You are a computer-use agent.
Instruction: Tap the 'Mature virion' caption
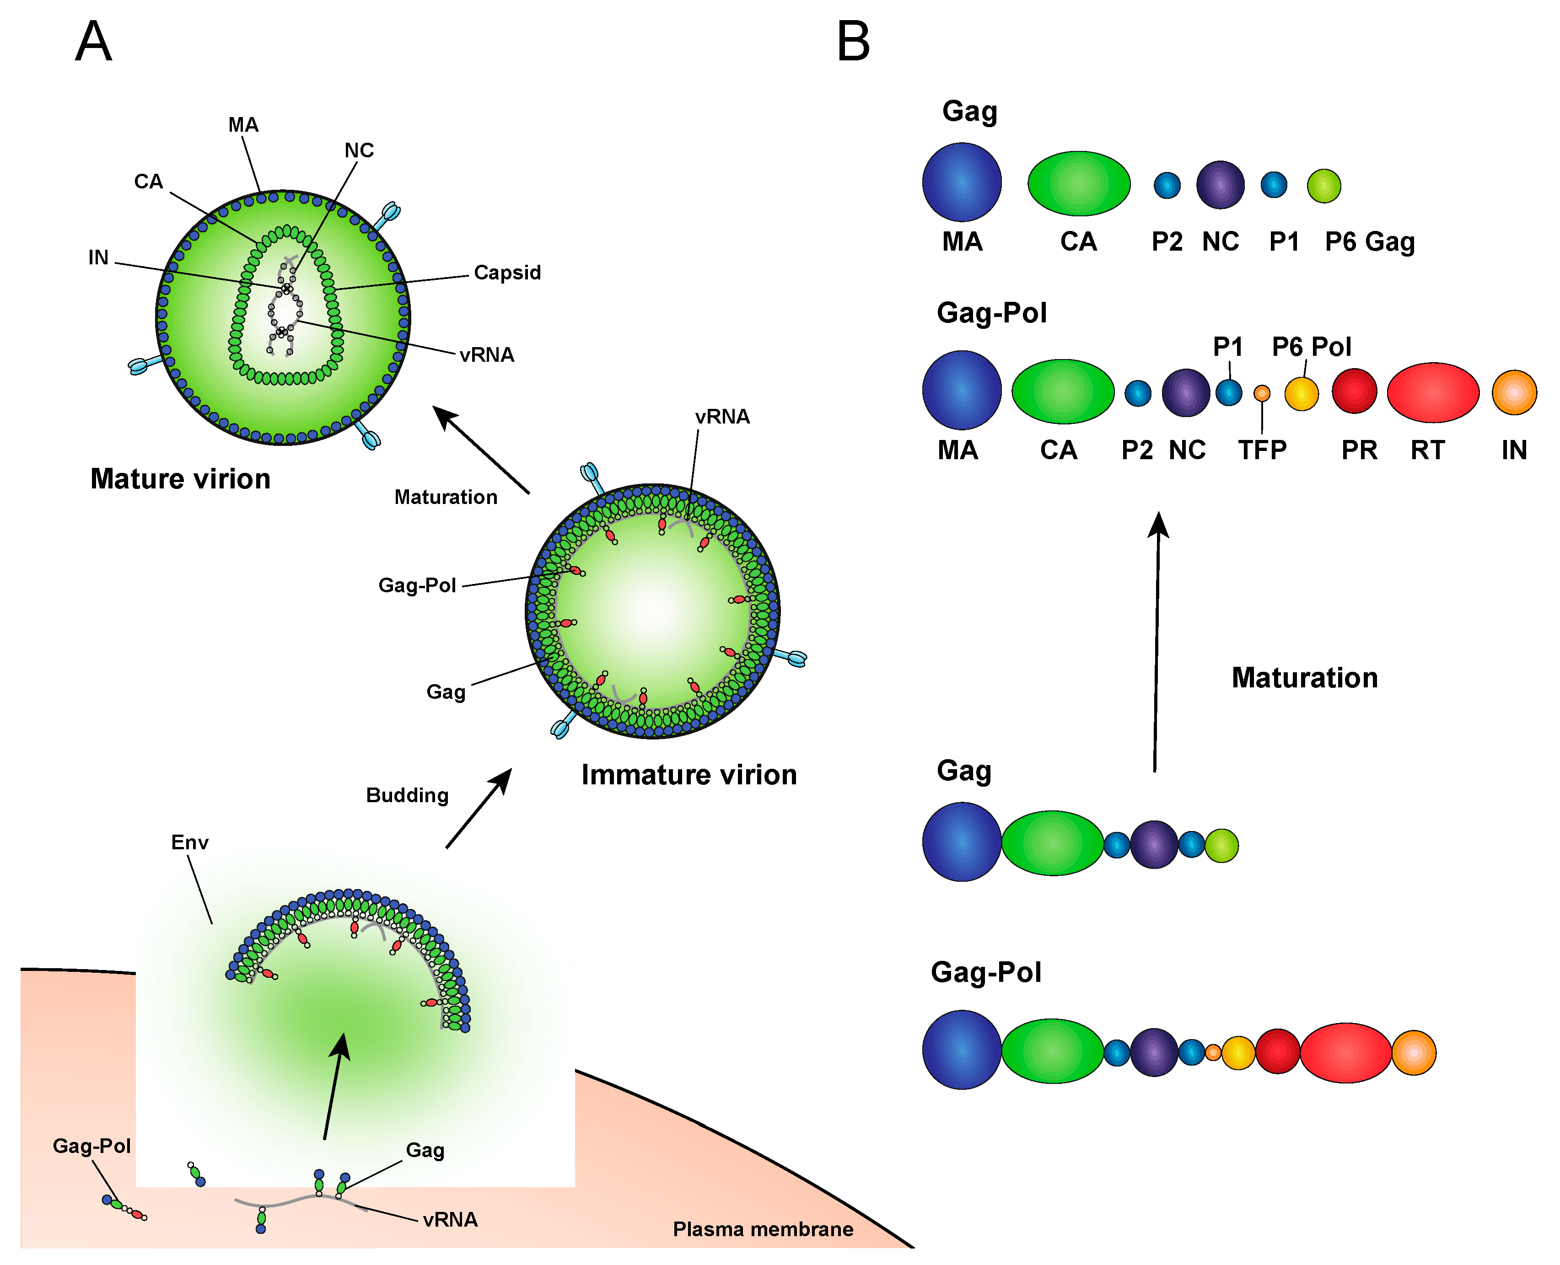(x=180, y=479)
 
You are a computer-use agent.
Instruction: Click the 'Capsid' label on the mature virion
(x=507, y=273)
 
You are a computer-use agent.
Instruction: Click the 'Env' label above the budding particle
(x=189, y=842)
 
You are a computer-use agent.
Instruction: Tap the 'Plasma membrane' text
(x=763, y=1229)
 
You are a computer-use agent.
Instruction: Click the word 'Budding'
(x=407, y=795)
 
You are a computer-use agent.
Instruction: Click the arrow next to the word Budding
(x=478, y=809)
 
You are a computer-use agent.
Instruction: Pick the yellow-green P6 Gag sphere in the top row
(x=1324, y=186)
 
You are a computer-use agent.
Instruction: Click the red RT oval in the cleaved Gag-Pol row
(x=1432, y=393)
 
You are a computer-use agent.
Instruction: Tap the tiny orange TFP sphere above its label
(x=1262, y=393)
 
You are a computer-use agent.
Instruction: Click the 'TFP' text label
(x=1262, y=450)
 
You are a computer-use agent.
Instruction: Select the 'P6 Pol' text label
(x=1312, y=347)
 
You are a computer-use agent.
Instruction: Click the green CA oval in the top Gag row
(x=1078, y=184)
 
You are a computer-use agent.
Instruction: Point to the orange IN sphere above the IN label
(x=1514, y=393)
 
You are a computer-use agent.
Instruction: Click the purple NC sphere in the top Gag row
(x=1220, y=185)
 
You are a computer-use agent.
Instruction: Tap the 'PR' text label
(x=1359, y=450)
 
